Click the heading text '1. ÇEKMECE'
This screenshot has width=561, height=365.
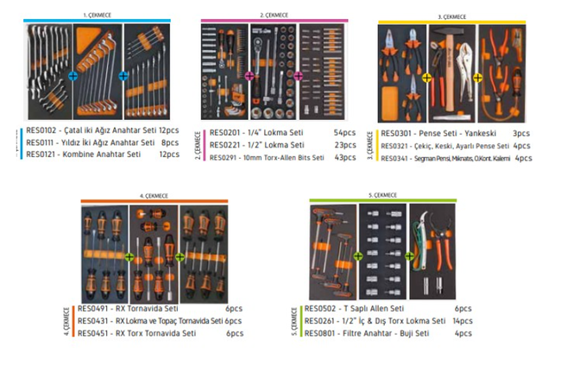point(97,15)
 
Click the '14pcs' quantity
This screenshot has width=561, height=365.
point(462,321)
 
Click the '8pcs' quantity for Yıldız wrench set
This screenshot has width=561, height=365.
point(170,142)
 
